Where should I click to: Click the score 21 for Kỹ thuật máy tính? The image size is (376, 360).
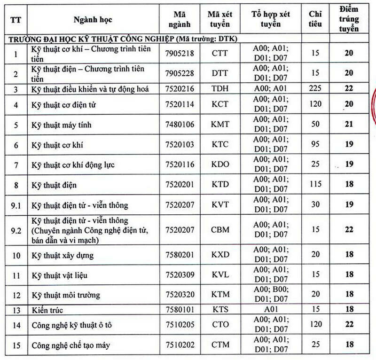coord(348,125)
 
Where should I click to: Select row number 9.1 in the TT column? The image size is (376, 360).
coord(16,205)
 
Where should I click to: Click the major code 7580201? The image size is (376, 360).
coord(179,256)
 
